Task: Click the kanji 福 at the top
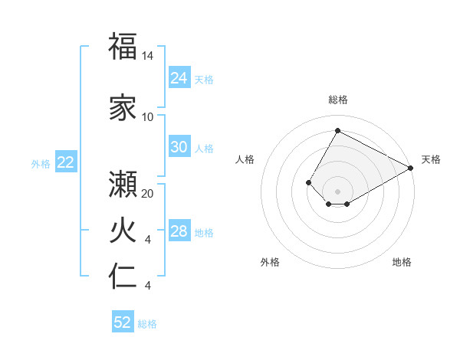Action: click(x=123, y=46)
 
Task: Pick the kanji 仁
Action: click(x=123, y=276)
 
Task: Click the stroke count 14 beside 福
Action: click(x=148, y=56)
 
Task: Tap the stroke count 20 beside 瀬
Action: click(x=148, y=194)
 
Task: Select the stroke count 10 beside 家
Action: click(x=148, y=117)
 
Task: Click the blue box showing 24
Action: click(x=179, y=78)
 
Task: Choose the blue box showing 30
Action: click(x=179, y=147)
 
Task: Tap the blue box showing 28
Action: click(x=179, y=232)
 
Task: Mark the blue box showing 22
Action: click(x=66, y=162)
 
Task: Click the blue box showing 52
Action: click(x=123, y=322)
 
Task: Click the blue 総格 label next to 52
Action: click(x=147, y=324)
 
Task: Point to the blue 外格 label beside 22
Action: click(x=41, y=163)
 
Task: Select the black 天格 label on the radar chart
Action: click(x=431, y=159)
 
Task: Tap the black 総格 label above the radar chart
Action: click(x=337, y=100)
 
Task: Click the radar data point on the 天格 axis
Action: click(x=411, y=168)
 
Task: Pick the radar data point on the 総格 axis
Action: click(x=337, y=130)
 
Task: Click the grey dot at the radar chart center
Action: click(x=337, y=191)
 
